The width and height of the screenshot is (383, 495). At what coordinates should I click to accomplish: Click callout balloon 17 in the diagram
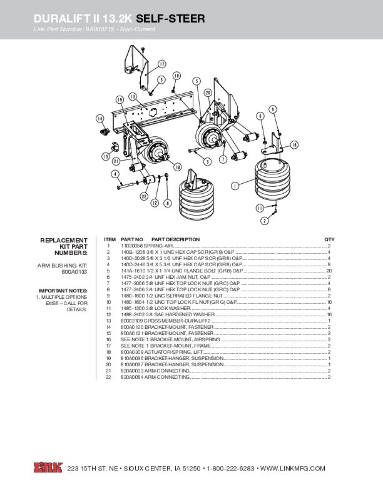(x=162, y=64)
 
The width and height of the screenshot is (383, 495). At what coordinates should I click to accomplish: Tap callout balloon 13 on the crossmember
(x=133, y=96)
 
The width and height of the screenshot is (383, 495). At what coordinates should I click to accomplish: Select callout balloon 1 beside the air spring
(x=234, y=185)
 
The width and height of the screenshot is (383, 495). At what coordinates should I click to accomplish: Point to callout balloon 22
(x=143, y=196)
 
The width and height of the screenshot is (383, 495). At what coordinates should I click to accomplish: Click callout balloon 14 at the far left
(x=100, y=118)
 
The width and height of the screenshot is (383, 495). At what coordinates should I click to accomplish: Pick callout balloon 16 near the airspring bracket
(x=294, y=144)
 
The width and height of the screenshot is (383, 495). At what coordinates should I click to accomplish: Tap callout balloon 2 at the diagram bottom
(x=265, y=221)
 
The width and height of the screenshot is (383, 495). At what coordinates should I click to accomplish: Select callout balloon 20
(x=207, y=92)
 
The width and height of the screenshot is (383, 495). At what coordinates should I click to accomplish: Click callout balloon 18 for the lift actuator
(x=178, y=167)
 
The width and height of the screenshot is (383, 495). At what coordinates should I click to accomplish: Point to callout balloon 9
(x=273, y=109)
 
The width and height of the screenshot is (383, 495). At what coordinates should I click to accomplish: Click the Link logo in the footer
(x=48, y=468)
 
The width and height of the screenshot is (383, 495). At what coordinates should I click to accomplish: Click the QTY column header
(x=329, y=239)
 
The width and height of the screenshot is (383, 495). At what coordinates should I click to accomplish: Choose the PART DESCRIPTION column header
(x=175, y=239)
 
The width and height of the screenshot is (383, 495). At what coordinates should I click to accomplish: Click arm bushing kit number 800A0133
(x=74, y=272)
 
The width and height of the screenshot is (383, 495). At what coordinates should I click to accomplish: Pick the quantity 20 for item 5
(x=329, y=271)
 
